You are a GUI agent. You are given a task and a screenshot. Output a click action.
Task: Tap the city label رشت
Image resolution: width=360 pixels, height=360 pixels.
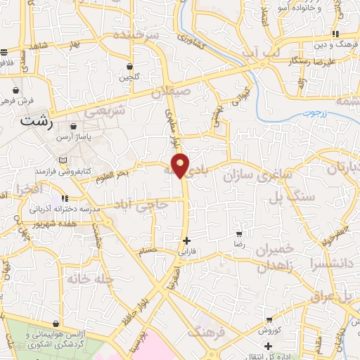click(x=37, y=121)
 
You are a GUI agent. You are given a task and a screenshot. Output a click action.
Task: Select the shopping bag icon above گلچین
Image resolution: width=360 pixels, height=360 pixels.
click(x=129, y=66)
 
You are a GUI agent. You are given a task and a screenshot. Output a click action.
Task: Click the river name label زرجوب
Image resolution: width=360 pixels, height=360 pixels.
click(x=319, y=112)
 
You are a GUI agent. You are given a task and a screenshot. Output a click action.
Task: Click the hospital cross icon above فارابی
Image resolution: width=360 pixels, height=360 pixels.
click(x=186, y=240)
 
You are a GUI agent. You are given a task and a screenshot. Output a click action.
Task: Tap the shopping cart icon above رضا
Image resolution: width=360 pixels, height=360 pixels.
click(x=240, y=233)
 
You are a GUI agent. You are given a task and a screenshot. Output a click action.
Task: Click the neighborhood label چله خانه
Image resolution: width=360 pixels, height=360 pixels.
click(x=91, y=279)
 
